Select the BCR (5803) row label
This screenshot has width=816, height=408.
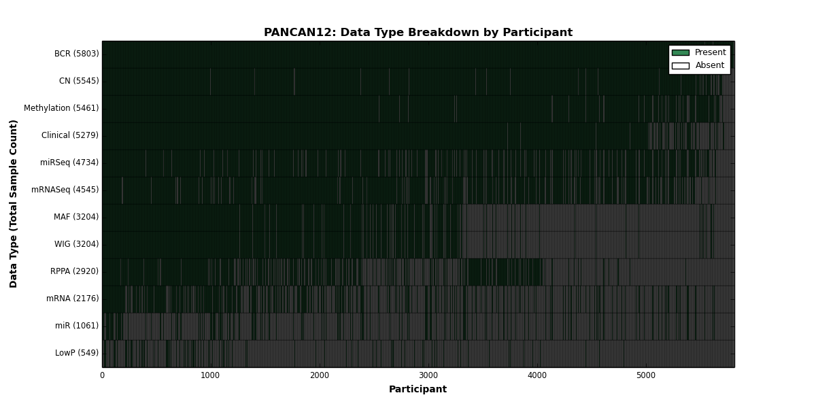click(76, 54)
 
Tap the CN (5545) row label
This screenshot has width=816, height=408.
click(79, 81)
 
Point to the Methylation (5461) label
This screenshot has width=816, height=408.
click(61, 108)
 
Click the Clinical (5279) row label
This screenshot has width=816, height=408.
click(70, 135)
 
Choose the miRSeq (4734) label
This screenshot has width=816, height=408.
click(69, 163)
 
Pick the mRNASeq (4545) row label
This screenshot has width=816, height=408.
click(65, 190)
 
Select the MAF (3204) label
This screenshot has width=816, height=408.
click(76, 217)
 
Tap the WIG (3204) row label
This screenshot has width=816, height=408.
click(76, 244)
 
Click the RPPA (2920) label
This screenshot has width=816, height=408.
click(74, 271)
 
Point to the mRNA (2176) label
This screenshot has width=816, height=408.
click(73, 299)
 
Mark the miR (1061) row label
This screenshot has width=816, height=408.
click(77, 326)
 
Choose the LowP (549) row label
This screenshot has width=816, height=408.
click(77, 353)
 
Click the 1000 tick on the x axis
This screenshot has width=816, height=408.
click(210, 375)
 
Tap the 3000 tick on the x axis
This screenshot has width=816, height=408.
click(428, 375)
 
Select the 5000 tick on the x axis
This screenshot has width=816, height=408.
click(646, 375)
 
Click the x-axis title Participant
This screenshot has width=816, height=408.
click(418, 390)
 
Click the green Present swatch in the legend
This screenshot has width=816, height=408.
click(681, 53)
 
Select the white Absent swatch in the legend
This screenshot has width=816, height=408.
click(681, 66)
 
